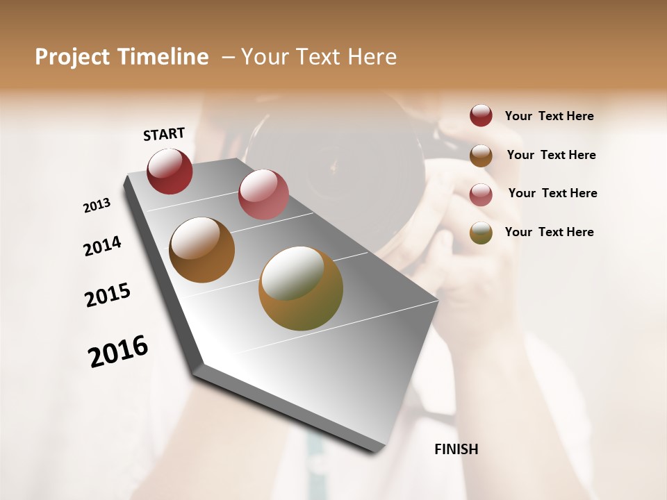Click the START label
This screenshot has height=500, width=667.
(x=164, y=134)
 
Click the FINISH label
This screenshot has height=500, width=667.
(x=456, y=449)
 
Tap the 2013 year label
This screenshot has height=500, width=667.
(x=97, y=206)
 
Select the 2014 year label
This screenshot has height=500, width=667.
(x=102, y=246)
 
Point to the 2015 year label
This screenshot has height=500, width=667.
(x=108, y=295)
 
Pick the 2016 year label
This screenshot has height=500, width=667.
(x=118, y=351)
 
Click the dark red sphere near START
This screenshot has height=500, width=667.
(x=170, y=171)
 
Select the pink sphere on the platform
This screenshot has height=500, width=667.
(x=263, y=194)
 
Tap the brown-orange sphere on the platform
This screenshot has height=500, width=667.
(x=201, y=250)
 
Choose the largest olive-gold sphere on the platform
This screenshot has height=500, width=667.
(x=301, y=288)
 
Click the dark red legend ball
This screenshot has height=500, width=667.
(x=481, y=116)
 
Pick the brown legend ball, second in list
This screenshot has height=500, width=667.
(x=481, y=156)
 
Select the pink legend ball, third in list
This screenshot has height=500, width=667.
(x=481, y=194)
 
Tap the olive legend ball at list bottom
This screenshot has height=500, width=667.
(x=481, y=233)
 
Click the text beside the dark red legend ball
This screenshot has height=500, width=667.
(x=549, y=116)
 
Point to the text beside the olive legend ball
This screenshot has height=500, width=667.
(x=549, y=232)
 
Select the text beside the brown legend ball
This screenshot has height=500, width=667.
(x=551, y=155)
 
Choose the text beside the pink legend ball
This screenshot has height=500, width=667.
(x=552, y=193)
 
